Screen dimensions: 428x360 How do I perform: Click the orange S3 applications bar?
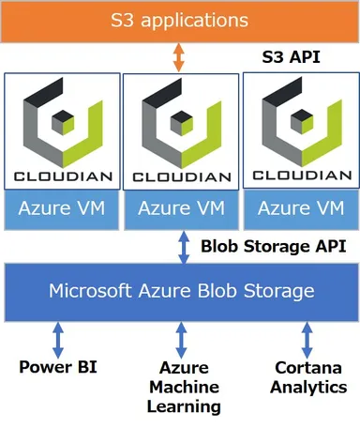coord(180,20)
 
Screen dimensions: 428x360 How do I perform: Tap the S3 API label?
coord(291,57)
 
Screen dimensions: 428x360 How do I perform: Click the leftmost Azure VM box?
coord(62,207)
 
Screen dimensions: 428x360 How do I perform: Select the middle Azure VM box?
coord(180,207)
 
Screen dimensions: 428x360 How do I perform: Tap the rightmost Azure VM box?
coord(299,207)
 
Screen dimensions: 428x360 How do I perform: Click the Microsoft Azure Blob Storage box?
coord(180,291)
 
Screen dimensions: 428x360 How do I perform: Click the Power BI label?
coord(57,366)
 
